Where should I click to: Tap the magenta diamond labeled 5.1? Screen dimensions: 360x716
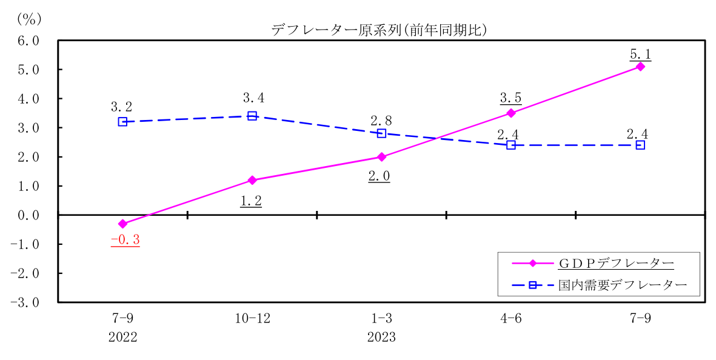coord(640,67)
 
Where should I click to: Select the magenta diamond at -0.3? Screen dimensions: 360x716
coord(122,224)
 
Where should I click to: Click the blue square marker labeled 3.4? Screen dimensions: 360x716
coord(252,116)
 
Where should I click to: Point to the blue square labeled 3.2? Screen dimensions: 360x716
coord(122,122)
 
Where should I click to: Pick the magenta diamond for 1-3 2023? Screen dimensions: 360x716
coord(381,157)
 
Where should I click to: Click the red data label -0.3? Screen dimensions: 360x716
coord(125,240)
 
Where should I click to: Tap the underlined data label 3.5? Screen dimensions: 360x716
coord(510,98)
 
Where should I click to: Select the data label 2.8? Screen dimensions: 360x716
coord(382,119)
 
